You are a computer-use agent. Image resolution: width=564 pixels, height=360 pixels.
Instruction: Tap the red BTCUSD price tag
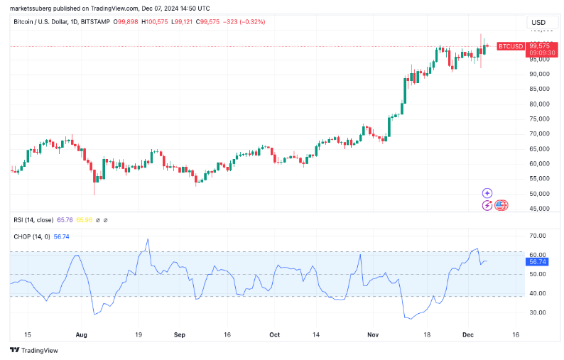510,46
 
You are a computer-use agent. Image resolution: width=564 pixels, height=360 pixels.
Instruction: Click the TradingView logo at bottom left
33,350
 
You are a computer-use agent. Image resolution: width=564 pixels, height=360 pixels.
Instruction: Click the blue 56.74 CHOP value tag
536,262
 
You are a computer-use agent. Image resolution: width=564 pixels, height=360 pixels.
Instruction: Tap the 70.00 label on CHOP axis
538,236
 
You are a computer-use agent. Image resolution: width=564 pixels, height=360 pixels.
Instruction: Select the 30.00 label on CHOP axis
538,312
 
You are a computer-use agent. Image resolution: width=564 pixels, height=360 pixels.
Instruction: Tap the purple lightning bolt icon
487,205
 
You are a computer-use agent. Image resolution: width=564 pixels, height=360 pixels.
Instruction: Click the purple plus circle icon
487,192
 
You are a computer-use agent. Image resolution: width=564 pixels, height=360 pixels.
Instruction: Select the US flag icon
501,205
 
